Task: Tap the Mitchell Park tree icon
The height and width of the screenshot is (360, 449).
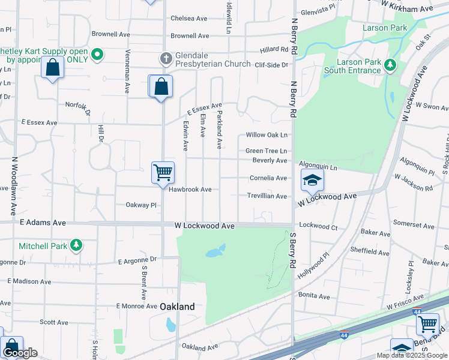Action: (76, 245)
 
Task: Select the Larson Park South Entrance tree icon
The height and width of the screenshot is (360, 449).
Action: (391, 65)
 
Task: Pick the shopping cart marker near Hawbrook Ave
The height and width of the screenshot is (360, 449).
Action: (163, 173)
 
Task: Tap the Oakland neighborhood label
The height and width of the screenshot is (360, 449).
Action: (177, 307)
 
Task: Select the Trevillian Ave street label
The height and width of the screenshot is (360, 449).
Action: (267, 196)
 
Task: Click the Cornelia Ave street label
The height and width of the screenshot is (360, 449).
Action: (268, 178)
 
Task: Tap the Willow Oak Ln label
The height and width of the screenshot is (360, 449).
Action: (267, 136)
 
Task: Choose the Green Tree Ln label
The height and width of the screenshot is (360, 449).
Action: (266, 151)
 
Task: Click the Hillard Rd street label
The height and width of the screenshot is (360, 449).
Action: (274, 50)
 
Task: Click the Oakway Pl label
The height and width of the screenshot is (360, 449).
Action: (140, 205)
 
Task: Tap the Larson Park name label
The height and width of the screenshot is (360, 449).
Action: (385, 28)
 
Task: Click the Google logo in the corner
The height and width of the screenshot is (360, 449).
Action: (20, 353)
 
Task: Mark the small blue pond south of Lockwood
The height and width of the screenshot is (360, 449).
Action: (215, 251)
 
